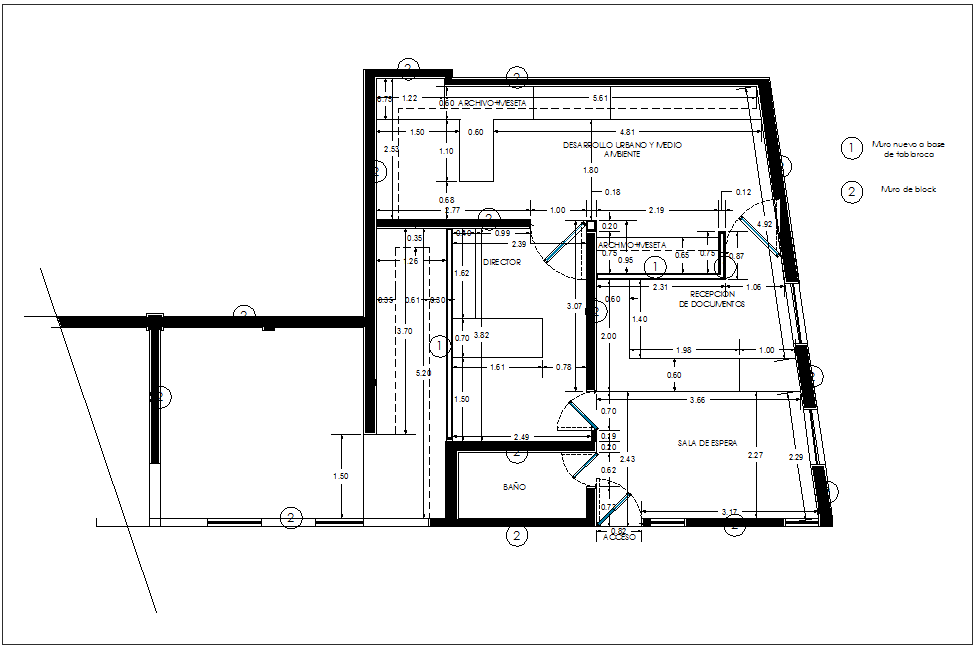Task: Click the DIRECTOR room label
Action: click(502, 262)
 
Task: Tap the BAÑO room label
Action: click(515, 487)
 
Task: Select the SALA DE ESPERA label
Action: click(707, 443)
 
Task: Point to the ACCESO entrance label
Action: click(619, 537)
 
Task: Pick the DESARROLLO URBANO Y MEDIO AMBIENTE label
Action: click(622, 150)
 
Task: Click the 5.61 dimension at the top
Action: click(600, 98)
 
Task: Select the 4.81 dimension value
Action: click(628, 132)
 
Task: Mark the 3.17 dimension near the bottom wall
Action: click(730, 512)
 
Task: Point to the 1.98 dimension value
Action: click(684, 350)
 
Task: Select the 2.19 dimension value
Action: click(657, 211)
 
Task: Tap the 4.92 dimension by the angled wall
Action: click(765, 224)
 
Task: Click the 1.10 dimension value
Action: click(446, 151)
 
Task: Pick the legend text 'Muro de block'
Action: click(908, 189)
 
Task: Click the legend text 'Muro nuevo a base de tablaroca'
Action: click(908, 150)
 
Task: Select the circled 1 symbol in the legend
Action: click(851, 148)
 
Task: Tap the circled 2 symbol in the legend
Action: click(851, 191)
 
